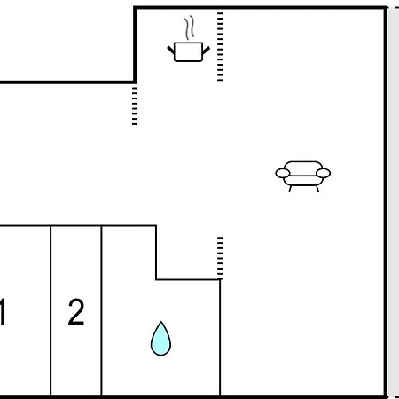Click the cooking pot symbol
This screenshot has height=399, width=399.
tap(188, 51)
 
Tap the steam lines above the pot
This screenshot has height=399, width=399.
tap(190, 27)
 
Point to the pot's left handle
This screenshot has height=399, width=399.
tap(171, 50)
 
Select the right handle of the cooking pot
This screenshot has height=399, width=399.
tap(206, 51)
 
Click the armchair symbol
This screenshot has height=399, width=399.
tap(303, 176)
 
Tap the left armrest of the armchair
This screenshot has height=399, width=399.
tap(283, 173)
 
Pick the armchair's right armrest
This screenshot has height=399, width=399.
tap(323, 173)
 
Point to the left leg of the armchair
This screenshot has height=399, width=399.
tap(290, 189)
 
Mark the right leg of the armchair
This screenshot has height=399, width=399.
tap(317, 188)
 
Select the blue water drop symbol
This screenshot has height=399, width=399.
tap(160, 339)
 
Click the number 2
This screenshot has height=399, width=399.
tap(76, 312)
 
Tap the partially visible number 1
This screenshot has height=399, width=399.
tap(3, 312)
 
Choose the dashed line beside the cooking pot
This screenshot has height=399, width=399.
tap(220, 46)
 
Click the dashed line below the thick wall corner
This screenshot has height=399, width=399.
tap(135, 106)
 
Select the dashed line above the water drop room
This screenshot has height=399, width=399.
tap(220, 258)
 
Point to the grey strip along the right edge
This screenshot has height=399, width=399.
tap(394, 203)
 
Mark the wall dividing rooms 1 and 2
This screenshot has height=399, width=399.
tap(51, 311)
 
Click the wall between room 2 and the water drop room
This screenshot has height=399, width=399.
tap(101, 311)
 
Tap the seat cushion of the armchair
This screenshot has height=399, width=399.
tap(303, 181)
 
